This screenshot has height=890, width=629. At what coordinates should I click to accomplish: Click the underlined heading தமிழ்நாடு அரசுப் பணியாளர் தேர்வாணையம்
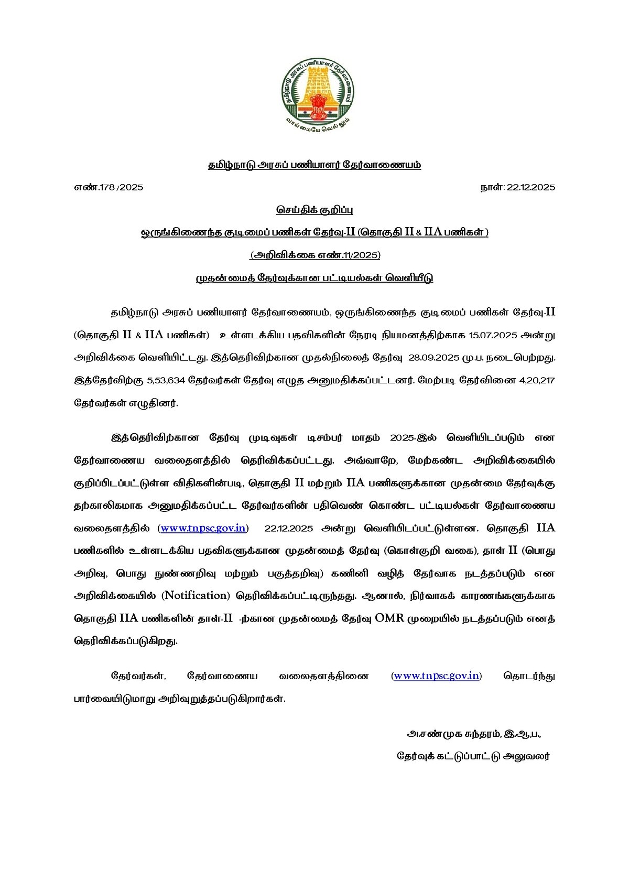[x=314, y=165]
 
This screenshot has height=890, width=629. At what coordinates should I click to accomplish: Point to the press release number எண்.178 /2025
[x=109, y=187]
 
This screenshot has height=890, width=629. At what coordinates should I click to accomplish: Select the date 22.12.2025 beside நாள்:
[x=530, y=187]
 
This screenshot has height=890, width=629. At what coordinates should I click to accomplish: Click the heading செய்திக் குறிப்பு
[x=314, y=210]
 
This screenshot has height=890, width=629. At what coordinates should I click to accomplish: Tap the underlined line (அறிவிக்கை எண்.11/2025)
[x=314, y=255]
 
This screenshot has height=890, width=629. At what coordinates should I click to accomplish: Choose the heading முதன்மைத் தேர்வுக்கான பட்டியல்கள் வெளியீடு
[x=314, y=278]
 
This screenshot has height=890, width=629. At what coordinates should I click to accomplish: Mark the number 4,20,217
[x=537, y=381]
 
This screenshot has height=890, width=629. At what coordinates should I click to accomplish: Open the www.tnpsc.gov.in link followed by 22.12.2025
[x=203, y=528]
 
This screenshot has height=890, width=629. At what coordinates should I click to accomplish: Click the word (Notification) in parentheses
[x=196, y=596]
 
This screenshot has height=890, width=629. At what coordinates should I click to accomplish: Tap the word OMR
[x=389, y=618]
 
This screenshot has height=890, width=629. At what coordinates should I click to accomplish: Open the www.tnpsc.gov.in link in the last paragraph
[x=436, y=675]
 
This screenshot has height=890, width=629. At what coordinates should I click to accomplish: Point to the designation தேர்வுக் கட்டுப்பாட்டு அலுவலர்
[x=473, y=757]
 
